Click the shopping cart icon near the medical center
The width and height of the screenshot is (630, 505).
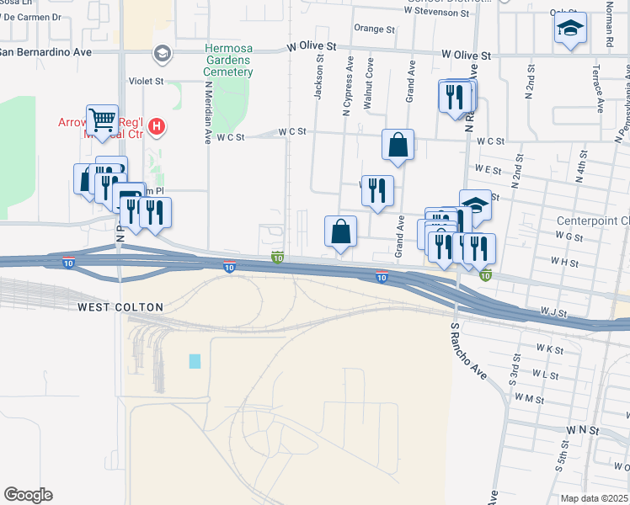click(x=102, y=120)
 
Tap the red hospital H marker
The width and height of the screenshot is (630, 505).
click(x=156, y=127)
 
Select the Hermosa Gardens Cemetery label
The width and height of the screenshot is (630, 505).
click(x=228, y=60)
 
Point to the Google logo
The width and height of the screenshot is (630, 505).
click(x=28, y=495)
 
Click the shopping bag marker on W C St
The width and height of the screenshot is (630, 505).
click(x=397, y=144)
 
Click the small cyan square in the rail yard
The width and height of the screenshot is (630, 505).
click(x=195, y=361)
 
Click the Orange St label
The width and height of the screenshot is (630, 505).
click(x=374, y=29)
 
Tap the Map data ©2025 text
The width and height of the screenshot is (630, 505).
click(x=594, y=498)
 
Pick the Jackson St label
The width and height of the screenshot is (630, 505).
click(x=319, y=77)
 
